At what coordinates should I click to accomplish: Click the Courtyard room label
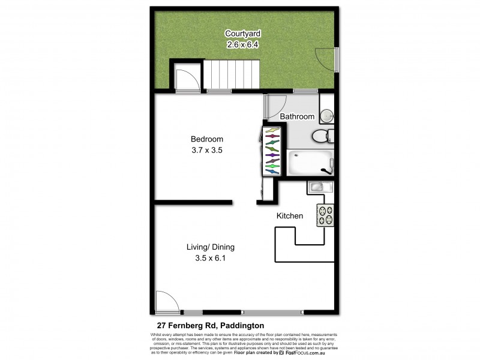pyautogui.click(x=242, y=34)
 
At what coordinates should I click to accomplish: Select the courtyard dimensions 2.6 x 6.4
pyautogui.click(x=242, y=44)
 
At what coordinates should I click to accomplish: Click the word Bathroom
pyautogui.click(x=298, y=116)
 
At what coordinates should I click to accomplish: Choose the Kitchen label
pyautogui.click(x=289, y=215)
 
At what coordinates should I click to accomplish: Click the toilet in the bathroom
pyautogui.click(x=322, y=136)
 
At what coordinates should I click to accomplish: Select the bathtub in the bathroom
pyautogui.click(x=309, y=163)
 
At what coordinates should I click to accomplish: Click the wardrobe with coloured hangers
pyautogui.click(x=271, y=151)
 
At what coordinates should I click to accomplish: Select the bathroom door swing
pyautogui.click(x=275, y=107)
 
